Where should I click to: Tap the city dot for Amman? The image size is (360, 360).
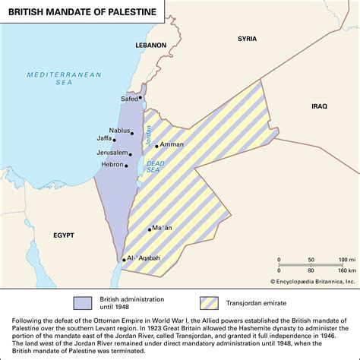[x=156, y=146]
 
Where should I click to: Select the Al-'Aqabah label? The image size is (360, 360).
[x=144, y=258]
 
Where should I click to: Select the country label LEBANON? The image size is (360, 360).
[x=151, y=46]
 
